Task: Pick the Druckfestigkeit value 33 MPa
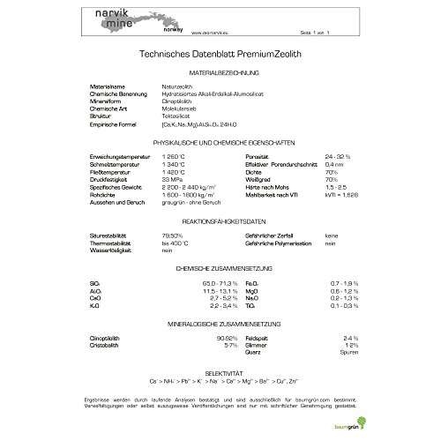172,179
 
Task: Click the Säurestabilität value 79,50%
175,235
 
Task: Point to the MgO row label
253,289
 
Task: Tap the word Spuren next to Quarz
345,353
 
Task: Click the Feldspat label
258,338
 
